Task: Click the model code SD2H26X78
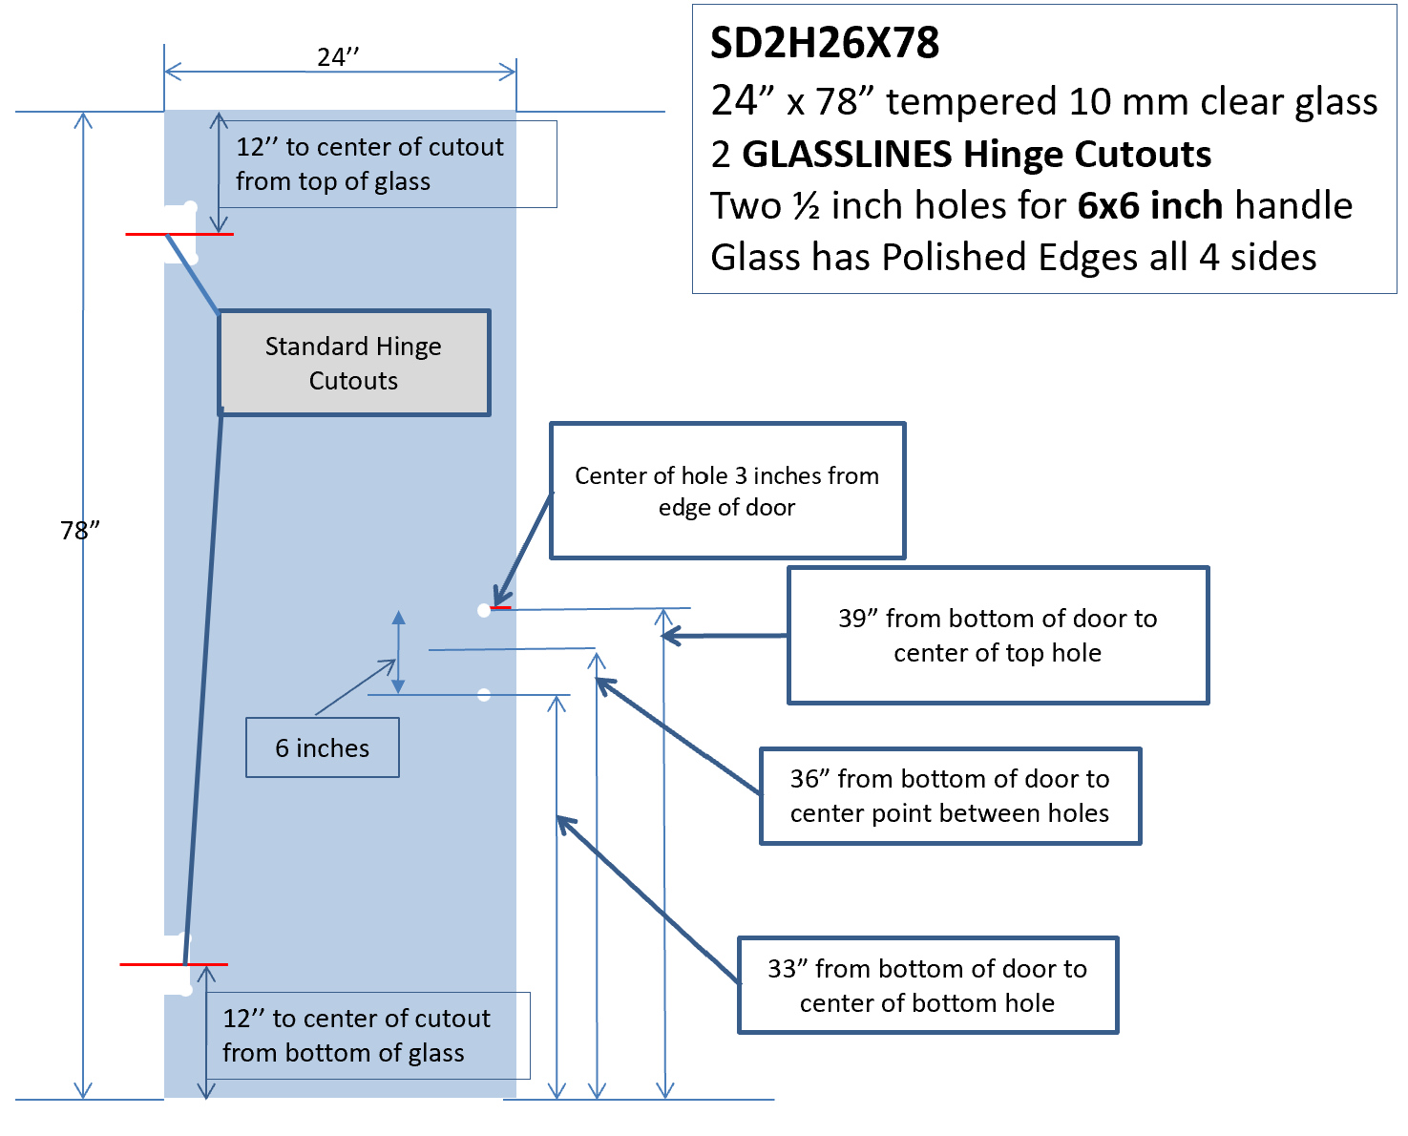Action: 825,43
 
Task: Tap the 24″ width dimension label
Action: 338,57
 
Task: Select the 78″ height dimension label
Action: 80,530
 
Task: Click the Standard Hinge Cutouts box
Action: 354,363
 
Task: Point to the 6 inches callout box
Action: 323,747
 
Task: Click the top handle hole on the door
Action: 484,611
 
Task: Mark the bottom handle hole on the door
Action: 484,695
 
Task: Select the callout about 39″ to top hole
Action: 998,636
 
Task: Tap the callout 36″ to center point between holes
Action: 951,796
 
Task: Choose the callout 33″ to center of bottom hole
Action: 929,985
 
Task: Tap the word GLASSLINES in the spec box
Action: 847,155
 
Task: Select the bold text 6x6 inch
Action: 1149,205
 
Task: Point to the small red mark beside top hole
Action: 500,608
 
